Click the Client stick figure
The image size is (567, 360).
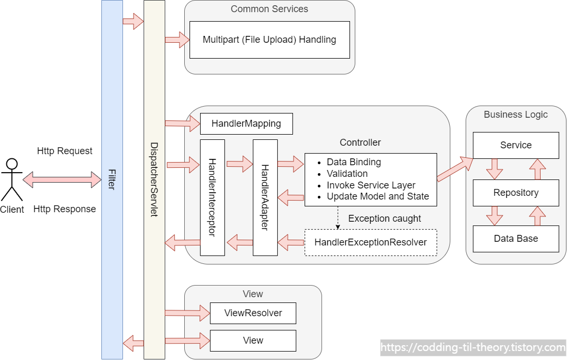pyautogui.click(x=12, y=179)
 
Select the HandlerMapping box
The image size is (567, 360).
pyautogui.click(x=246, y=124)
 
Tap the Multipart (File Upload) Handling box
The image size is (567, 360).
pyautogui.click(x=269, y=40)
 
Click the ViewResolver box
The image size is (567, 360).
pyautogui.click(x=253, y=313)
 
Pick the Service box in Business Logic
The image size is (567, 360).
pyautogui.click(x=516, y=145)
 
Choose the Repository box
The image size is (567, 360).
pyautogui.click(x=516, y=193)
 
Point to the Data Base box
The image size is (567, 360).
pyautogui.click(x=516, y=239)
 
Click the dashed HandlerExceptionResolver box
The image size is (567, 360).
pyautogui.click(x=371, y=242)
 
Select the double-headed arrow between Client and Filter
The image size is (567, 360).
pyautogui.click(x=62, y=179)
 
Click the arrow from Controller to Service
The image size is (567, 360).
pyautogui.click(x=455, y=169)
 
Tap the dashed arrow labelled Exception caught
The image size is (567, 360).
pyautogui.click(x=338, y=217)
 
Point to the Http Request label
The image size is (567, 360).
pyautogui.click(x=65, y=151)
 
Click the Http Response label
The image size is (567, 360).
pyautogui.click(x=65, y=209)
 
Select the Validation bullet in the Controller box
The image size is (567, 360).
pyautogui.click(x=347, y=174)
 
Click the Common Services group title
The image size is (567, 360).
pyautogui.click(x=269, y=8)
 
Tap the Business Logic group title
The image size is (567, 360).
pyautogui.click(x=516, y=114)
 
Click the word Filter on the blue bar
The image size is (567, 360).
pyautogui.click(x=112, y=179)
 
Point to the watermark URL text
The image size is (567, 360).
pyautogui.click(x=473, y=347)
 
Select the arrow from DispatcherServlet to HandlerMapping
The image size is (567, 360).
pyautogui.click(x=183, y=124)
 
